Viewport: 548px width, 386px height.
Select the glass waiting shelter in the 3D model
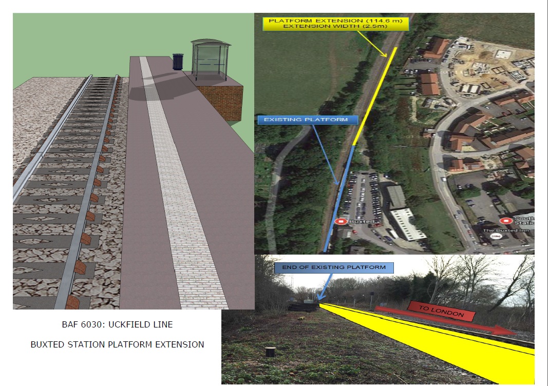click(x=210, y=59)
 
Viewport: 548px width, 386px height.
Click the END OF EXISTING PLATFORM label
click(x=334, y=267)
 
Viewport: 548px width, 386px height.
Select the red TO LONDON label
click(x=441, y=311)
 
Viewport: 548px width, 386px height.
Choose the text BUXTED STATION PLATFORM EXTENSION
click(x=117, y=344)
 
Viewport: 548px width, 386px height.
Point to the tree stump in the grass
click(x=270, y=353)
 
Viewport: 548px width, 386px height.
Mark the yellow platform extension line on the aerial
click(x=377, y=95)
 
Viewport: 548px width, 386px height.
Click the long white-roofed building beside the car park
click(x=407, y=224)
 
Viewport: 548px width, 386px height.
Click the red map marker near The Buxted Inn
click(x=506, y=221)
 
